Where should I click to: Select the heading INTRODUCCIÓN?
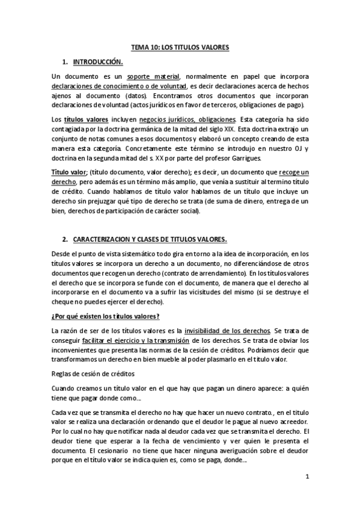point(97,62)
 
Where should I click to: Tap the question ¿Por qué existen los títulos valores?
point(108,316)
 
